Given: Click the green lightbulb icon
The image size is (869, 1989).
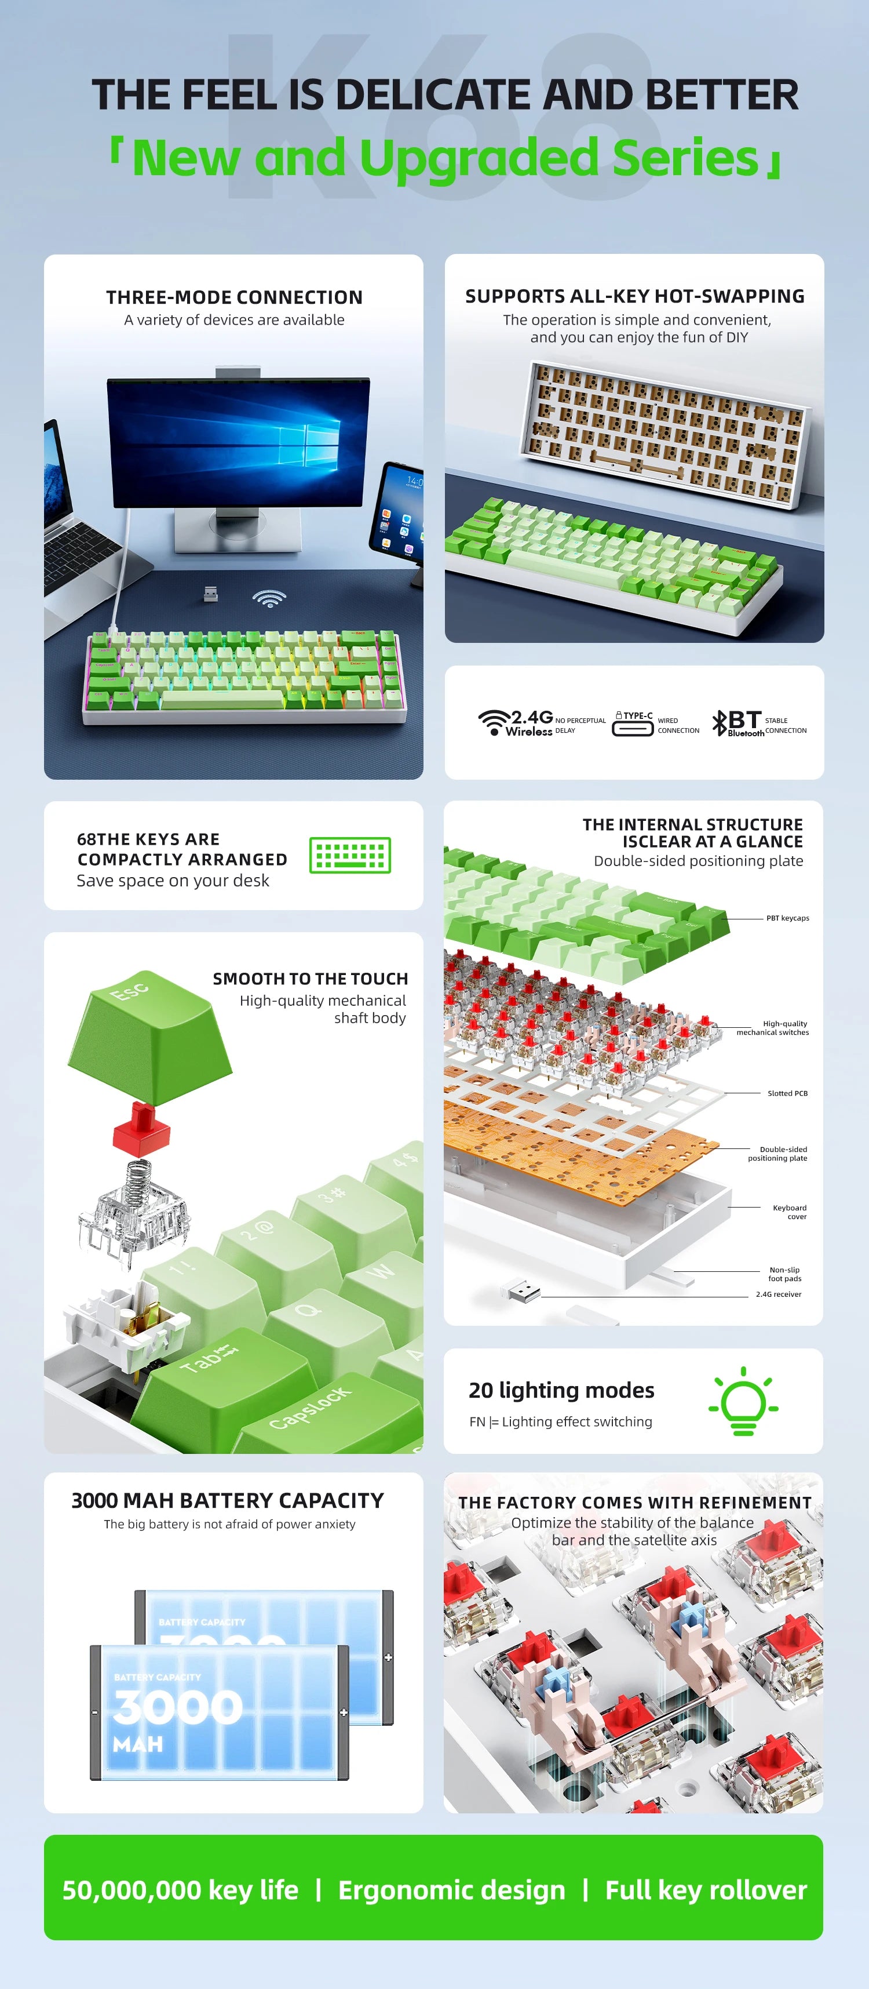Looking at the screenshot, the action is click(x=743, y=1401).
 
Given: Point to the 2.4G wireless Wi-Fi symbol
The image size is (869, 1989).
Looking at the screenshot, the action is click(x=494, y=722).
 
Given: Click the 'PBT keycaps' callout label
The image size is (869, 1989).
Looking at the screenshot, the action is click(x=787, y=918).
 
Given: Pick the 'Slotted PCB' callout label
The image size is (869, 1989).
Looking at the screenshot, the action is click(x=787, y=1093).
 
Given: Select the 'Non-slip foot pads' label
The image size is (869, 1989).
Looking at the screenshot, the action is click(x=785, y=1274).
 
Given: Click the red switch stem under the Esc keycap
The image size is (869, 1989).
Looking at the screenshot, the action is click(x=141, y=1129).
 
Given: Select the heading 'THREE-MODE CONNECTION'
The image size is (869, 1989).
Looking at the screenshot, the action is click(x=234, y=297).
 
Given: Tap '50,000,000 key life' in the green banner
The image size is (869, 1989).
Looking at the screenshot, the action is click(x=180, y=1890).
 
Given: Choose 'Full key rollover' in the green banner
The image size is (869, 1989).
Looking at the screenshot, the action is click(x=706, y=1890).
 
